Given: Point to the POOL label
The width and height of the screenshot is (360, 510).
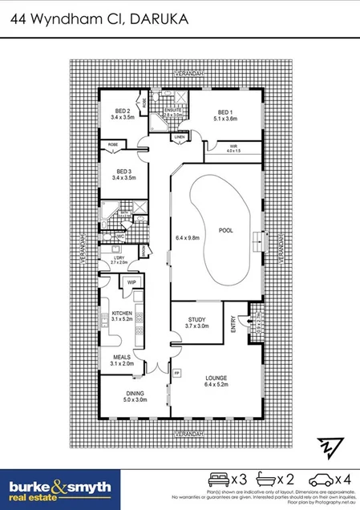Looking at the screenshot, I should [x=225, y=230].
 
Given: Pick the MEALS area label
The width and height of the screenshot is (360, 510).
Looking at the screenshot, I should [x=123, y=359].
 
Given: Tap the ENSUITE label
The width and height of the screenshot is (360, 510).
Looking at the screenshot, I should [x=173, y=111].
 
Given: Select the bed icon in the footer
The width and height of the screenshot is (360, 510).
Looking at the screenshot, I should [x=216, y=480].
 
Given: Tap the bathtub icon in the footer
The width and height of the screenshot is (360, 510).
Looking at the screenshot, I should [x=269, y=480].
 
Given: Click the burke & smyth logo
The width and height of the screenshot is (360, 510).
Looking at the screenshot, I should [x=60, y=488].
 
